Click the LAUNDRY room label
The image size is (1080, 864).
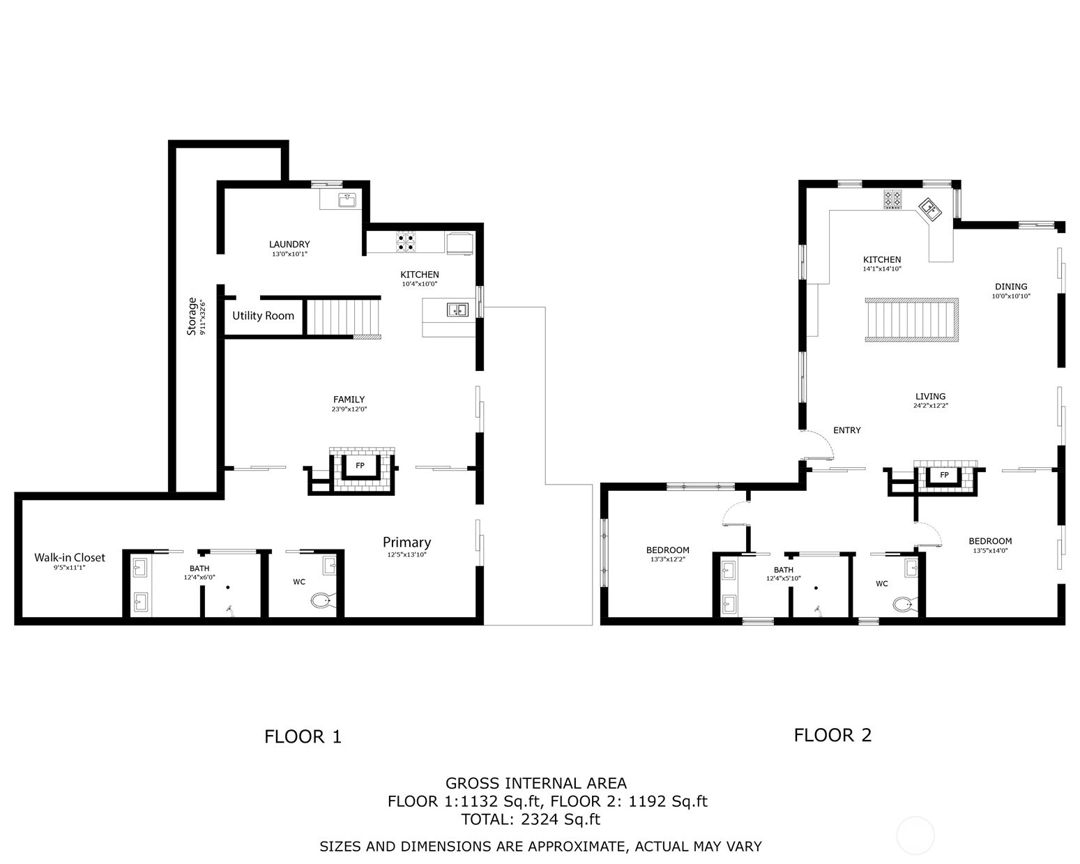[289, 244]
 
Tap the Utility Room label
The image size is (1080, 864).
[263, 316]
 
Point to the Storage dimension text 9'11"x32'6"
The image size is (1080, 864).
[203, 317]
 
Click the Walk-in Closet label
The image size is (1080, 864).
[70, 557]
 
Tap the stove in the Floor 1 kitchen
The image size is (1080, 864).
[406, 241]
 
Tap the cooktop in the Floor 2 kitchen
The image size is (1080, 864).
[892, 199]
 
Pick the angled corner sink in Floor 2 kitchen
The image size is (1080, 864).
[930, 209]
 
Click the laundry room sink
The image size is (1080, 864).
[347, 200]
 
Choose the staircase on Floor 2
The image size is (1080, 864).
[911, 320]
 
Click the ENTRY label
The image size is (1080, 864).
[846, 430]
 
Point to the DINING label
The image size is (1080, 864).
[1011, 287]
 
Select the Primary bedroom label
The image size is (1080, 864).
[406, 543]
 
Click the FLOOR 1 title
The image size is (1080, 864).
[303, 736]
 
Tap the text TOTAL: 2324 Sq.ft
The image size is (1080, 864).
[531, 819]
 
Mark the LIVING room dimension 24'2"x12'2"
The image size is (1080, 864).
[931, 406]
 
